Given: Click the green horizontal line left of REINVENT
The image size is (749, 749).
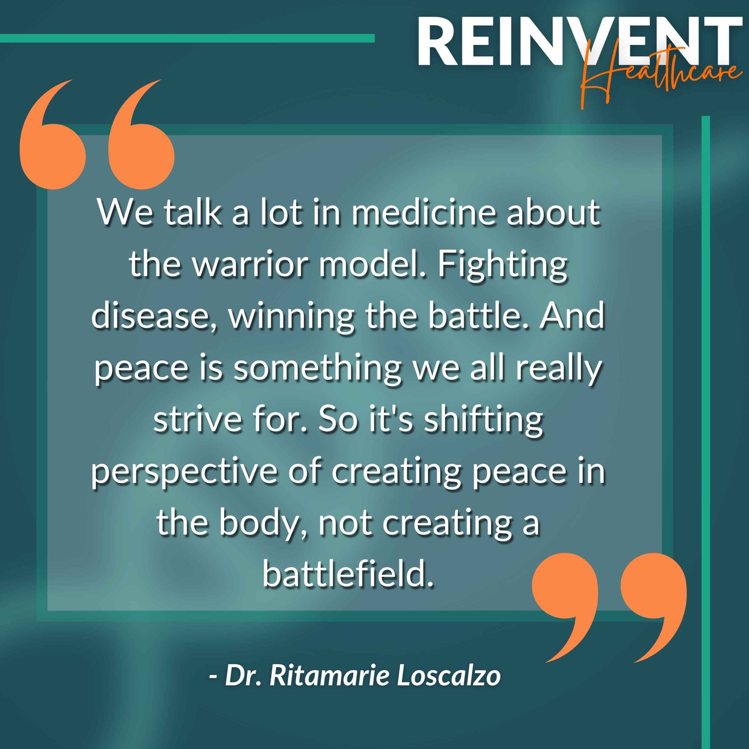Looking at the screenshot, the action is click(x=187, y=38).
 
